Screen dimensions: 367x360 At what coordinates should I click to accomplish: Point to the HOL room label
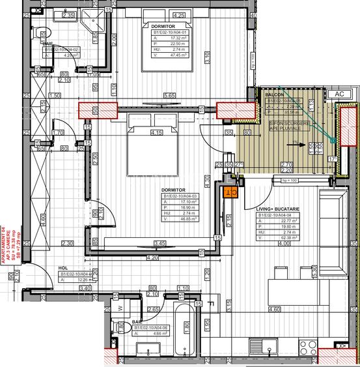(x=64, y=267)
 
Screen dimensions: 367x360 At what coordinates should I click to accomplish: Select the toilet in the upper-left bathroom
(x=44, y=38)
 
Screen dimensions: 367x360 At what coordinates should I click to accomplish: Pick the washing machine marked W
(x=119, y=307)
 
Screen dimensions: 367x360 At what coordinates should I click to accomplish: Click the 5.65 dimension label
(x=169, y=96)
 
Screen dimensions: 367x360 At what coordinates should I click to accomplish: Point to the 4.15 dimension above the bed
(x=156, y=133)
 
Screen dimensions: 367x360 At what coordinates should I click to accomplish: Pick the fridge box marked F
(x=211, y=302)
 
